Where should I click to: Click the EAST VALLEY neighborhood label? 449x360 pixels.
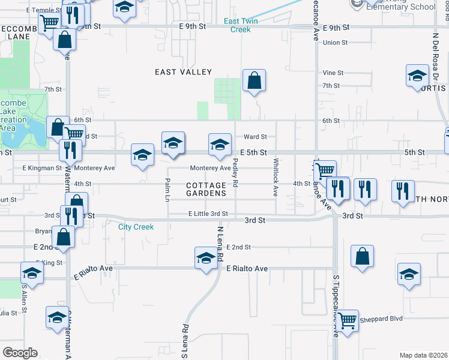click(x=183, y=72)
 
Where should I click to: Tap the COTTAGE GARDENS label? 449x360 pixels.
click(x=206, y=189)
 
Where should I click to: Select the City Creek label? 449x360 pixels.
click(x=136, y=227)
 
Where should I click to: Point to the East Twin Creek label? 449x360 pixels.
click(x=237, y=25)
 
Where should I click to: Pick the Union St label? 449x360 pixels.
click(x=335, y=43)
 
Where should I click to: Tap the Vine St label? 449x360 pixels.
click(x=333, y=73)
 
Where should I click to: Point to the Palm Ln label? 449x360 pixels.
click(x=167, y=189)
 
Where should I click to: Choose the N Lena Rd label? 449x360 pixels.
click(x=220, y=244)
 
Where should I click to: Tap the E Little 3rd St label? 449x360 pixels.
click(x=208, y=214)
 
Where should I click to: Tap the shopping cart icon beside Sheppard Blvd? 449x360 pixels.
click(x=348, y=321)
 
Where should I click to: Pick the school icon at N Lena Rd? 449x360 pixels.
click(x=205, y=258)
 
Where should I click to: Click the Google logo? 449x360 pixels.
click(x=20, y=353)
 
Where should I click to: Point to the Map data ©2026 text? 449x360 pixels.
click(x=424, y=355)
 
